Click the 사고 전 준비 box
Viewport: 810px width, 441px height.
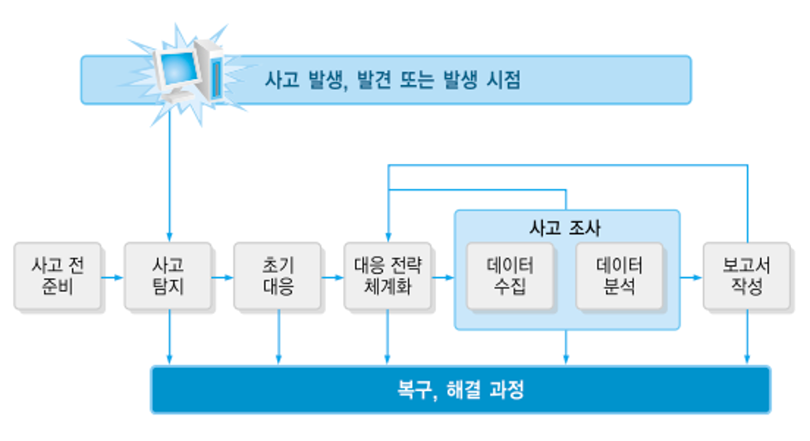57,275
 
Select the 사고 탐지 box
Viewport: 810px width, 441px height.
168,275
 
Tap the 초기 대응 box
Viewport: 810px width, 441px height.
278,275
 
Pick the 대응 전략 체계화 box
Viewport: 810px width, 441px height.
388,275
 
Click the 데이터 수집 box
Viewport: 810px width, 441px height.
510,275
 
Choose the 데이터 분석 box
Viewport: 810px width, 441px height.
619,275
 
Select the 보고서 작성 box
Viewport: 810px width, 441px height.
746,275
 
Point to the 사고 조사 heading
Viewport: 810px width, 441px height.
566,228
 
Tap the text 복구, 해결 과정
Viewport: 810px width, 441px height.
460,391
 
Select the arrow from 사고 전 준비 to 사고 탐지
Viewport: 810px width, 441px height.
112,277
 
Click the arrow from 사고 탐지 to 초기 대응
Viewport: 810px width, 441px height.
223,277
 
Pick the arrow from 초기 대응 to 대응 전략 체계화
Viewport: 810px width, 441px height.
333,277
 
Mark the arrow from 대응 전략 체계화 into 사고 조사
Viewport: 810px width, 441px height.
443,277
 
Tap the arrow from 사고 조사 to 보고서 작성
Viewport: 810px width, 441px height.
691,277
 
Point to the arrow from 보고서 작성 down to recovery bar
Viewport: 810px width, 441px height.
747,339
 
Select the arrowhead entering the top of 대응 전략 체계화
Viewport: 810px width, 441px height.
389,237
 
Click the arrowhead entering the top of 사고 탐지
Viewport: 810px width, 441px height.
169,237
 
